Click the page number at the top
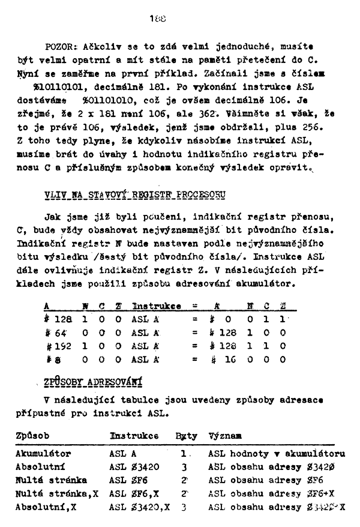coord(158,19)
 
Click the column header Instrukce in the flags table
coord(157,306)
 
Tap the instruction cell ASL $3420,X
coord(140,506)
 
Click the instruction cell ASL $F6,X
coord(133,493)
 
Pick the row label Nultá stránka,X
coord(56,493)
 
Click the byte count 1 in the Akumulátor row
coord(182,454)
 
